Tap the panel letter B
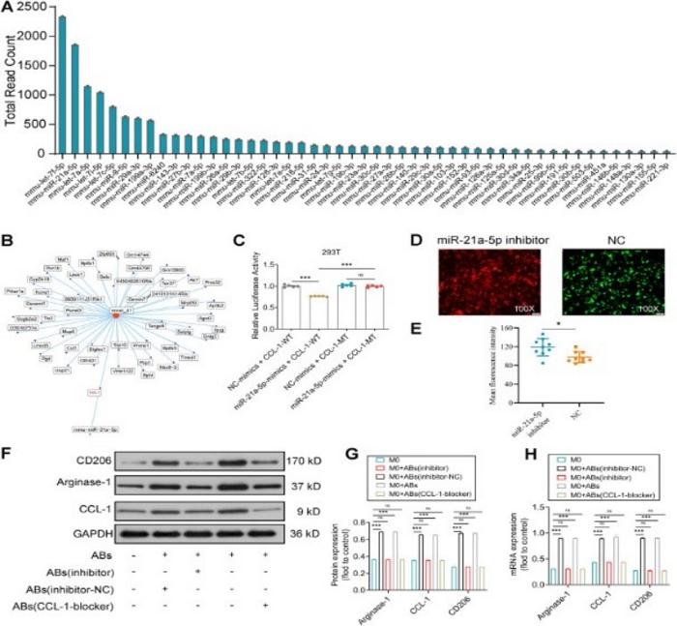[9, 237]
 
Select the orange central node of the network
[117, 312]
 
